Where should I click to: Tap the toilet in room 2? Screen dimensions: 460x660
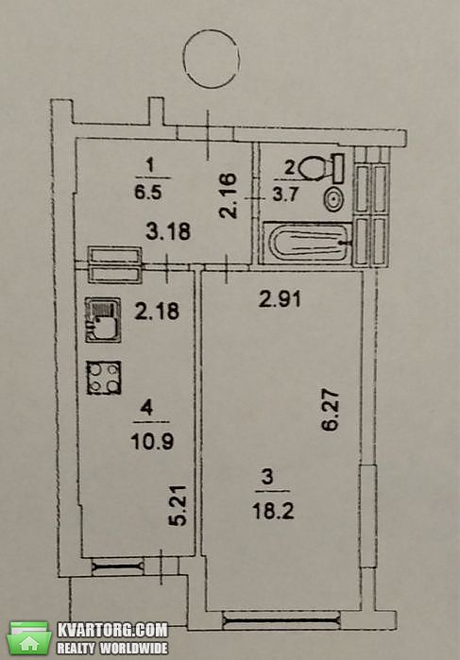(x=321, y=168)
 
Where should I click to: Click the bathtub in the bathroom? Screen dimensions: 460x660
(x=307, y=244)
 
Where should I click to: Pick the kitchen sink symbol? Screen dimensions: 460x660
(x=103, y=319)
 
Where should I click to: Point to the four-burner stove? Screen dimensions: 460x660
(x=104, y=378)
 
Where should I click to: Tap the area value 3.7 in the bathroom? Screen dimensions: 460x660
(x=285, y=195)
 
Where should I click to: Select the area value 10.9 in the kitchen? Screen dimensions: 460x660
(x=152, y=442)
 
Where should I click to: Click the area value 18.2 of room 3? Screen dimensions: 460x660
(x=273, y=512)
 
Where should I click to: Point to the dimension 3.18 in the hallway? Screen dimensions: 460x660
(x=168, y=231)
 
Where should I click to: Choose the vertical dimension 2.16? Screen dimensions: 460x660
(x=230, y=195)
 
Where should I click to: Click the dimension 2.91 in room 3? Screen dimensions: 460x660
(x=281, y=299)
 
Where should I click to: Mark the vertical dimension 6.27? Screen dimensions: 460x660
(x=331, y=411)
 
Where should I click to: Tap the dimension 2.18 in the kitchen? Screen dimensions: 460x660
(x=157, y=312)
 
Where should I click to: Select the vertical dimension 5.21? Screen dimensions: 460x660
(x=178, y=505)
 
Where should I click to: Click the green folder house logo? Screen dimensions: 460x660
(x=29, y=637)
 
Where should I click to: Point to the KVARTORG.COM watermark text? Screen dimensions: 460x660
(x=112, y=630)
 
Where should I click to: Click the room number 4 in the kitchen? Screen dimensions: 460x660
(x=146, y=407)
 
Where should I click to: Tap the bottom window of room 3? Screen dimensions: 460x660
(x=281, y=619)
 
